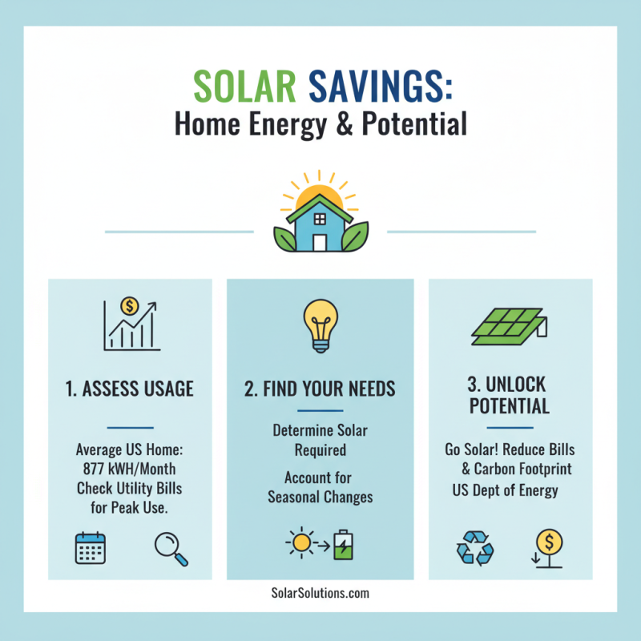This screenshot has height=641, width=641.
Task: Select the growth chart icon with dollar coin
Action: click(131, 324)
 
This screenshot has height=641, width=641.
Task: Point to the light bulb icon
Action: click(320, 324)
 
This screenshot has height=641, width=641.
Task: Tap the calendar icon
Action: click(91, 548)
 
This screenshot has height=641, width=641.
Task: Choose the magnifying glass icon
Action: click(170, 549)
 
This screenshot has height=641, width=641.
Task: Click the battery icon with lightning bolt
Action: click(343, 544)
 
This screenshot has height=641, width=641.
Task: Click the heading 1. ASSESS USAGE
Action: click(130, 389)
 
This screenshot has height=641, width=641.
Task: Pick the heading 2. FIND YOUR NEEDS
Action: click(320, 389)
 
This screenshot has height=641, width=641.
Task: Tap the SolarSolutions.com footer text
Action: click(320, 594)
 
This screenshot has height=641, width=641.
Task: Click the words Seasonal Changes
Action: click(320, 497)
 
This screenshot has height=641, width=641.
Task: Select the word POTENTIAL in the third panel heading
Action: click(510, 406)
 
